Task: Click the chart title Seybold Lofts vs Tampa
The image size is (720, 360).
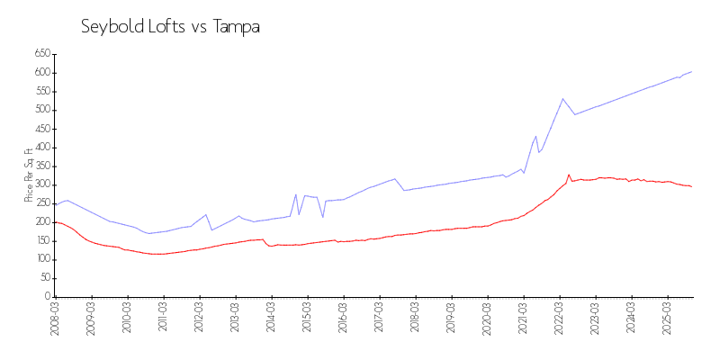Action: pyautogui.click(x=170, y=27)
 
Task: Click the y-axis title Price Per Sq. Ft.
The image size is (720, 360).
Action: pyautogui.click(x=30, y=175)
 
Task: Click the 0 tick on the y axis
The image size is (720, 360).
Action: pyautogui.click(x=46, y=296)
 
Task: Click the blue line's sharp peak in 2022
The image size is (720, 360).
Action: pyautogui.click(x=562, y=99)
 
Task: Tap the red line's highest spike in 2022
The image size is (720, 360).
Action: pyautogui.click(x=569, y=175)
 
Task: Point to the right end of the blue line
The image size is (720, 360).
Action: pyautogui.click(x=691, y=71)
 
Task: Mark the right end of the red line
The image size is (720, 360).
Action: pyautogui.click(x=691, y=186)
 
